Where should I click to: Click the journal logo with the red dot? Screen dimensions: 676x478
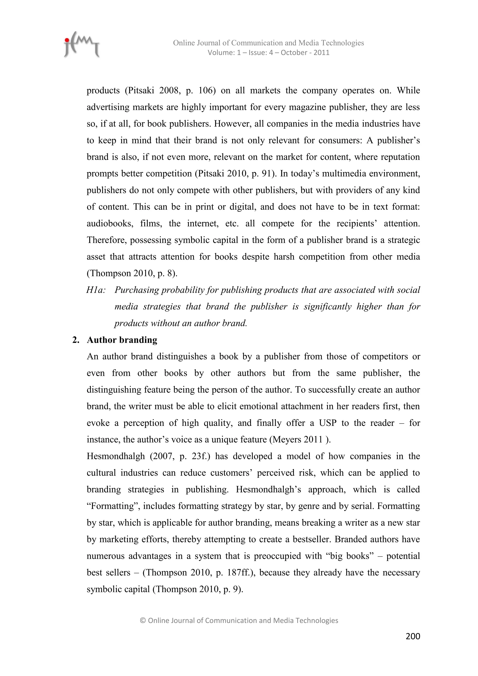point(81,45)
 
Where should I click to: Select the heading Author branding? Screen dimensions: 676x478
point(122,340)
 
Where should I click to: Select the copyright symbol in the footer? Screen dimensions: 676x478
point(143,621)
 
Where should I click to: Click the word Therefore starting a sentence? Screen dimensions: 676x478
point(107,240)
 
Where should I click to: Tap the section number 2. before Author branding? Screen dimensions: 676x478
point(76,340)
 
